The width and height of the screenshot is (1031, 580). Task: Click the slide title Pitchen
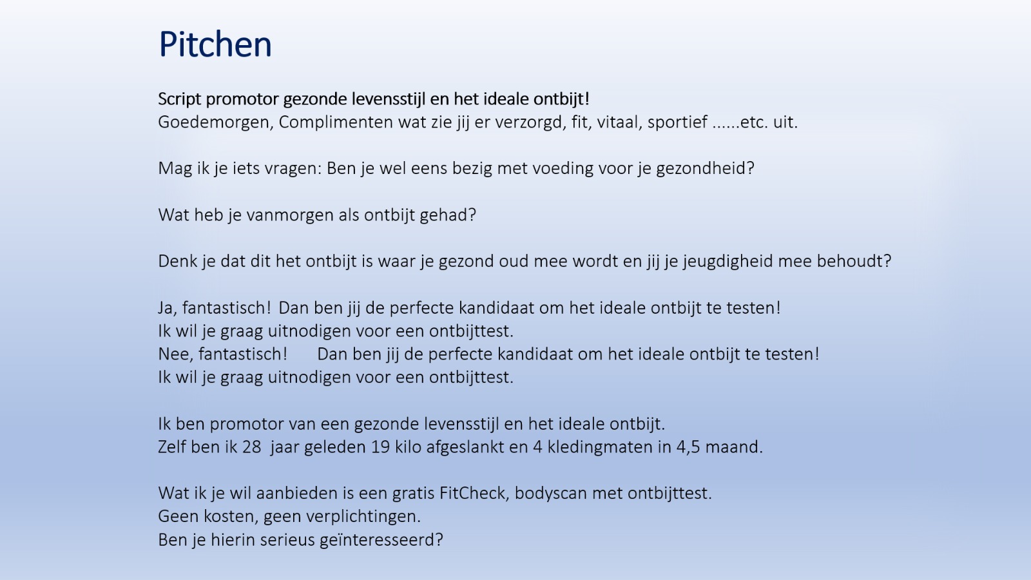pyautogui.click(x=215, y=44)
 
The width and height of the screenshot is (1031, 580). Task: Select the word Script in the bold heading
pyautogui.click(x=180, y=99)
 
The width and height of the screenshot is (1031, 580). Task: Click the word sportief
pyautogui.click(x=677, y=122)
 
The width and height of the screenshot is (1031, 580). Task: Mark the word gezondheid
pyautogui.click(x=705, y=168)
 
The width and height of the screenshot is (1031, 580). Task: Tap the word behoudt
pyautogui.click(x=854, y=261)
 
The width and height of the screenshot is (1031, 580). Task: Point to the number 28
pyautogui.click(x=251, y=447)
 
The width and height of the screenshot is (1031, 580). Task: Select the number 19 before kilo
pyautogui.click(x=380, y=447)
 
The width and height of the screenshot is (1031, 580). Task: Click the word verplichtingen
pyautogui.click(x=363, y=517)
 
